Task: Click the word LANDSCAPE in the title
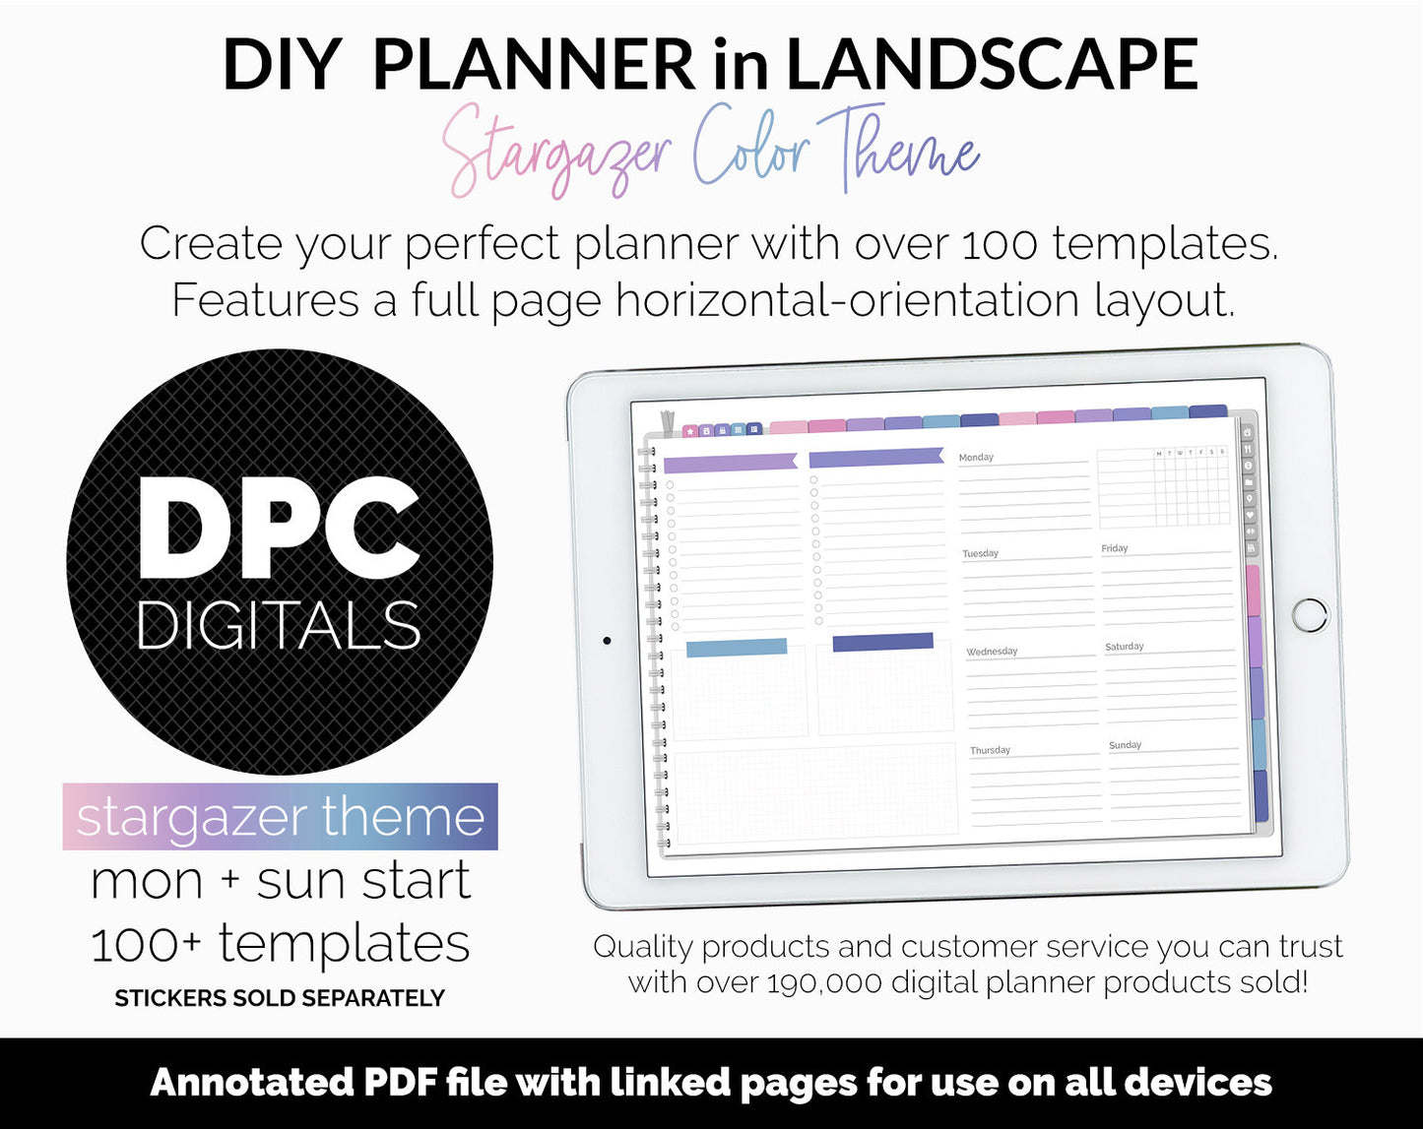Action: coord(991,65)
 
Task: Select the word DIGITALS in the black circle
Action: coord(279,625)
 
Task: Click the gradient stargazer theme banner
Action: coord(280,817)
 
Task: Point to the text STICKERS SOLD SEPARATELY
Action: coord(280,998)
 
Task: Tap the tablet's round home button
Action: coord(1310,614)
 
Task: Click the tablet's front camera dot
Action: coord(607,641)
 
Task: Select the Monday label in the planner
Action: coord(976,458)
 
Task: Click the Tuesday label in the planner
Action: coord(980,553)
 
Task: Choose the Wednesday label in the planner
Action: coord(992,652)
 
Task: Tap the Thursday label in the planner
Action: coord(990,750)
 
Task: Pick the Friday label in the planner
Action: coord(1114,548)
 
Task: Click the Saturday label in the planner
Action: coord(1124,647)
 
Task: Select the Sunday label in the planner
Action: coord(1125,745)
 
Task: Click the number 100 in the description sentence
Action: coord(999,244)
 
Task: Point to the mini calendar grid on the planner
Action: coord(1163,487)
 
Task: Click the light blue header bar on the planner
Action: coord(736,648)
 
